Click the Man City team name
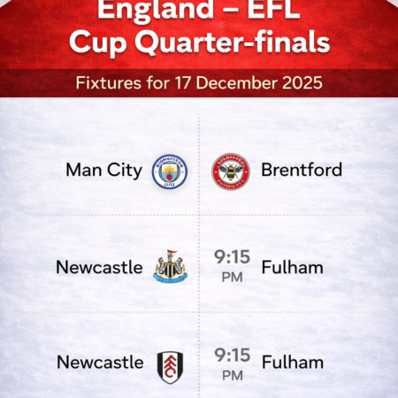(x=103, y=170)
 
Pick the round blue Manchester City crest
(x=170, y=171)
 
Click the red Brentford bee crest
(x=230, y=171)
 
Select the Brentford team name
(x=301, y=170)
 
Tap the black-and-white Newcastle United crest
(x=170, y=266)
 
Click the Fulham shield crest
(x=170, y=363)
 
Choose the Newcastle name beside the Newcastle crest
(x=99, y=266)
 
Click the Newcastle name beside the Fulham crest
(x=99, y=363)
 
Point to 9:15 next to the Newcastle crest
(x=232, y=257)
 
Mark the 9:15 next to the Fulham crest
(x=232, y=354)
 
